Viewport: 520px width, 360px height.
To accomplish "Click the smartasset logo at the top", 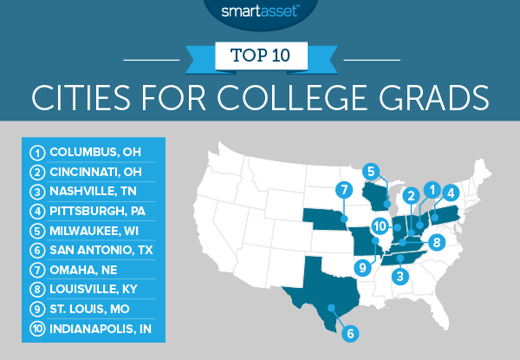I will point(260,12).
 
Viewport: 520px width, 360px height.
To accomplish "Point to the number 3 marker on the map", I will point(400,277).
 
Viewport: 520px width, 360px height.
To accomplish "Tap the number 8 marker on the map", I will point(438,242).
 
